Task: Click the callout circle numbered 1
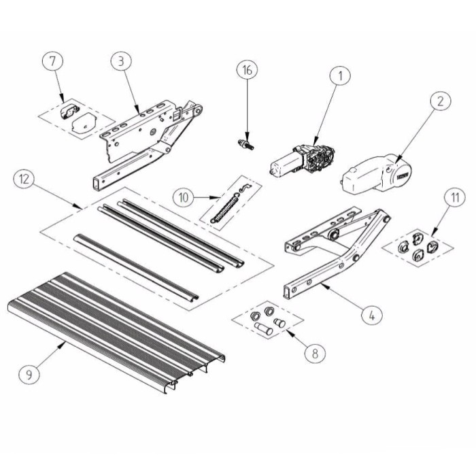coord(338,77)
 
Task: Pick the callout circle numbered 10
coord(183,198)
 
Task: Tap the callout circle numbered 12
coord(24,180)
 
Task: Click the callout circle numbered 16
coord(248,70)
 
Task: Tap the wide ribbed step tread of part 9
coord(116,326)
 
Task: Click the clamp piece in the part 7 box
coord(70,110)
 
